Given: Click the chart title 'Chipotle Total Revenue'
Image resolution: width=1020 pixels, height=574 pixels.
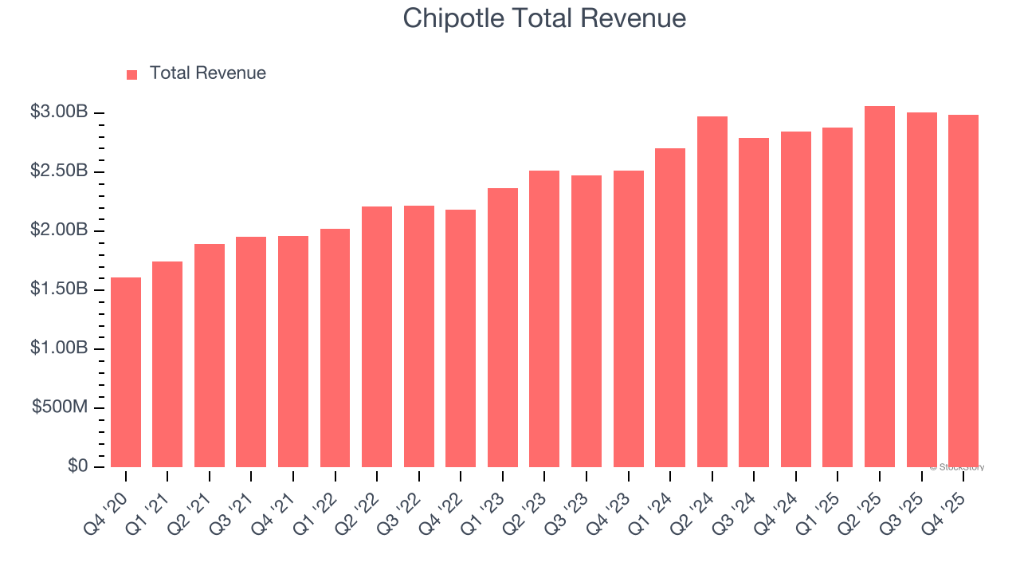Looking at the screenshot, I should coord(544,18).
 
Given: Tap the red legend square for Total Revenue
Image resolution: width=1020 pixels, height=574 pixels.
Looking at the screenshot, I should coord(132,74).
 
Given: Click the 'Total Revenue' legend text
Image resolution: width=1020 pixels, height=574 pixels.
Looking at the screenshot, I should coord(207,73).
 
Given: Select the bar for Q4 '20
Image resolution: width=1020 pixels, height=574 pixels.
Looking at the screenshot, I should coord(126,372).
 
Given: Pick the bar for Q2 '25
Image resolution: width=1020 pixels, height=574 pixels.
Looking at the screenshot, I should coord(880,287).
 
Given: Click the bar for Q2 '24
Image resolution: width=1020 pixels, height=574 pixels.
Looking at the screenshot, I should coord(712,292).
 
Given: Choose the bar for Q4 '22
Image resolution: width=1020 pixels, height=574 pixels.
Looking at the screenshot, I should coord(461,339).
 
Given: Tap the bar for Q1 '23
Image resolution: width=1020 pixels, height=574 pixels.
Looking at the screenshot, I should coord(503,328).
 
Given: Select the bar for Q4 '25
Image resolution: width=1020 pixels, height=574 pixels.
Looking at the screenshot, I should coord(963,291).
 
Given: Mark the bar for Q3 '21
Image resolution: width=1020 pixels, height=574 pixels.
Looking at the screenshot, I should coord(251,352).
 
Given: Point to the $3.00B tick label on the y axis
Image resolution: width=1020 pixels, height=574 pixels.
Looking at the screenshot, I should coord(59,112).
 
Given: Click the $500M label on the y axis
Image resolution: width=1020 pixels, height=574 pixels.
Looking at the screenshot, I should coord(60,407).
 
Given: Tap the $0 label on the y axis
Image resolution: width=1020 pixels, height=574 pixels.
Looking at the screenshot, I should coord(76,466).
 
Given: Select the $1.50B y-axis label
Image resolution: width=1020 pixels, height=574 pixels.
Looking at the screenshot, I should coord(59,289).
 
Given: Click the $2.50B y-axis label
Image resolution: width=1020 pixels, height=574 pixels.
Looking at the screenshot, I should coord(59,171).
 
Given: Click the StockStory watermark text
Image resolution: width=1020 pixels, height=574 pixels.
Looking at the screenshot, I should coord(957,467).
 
